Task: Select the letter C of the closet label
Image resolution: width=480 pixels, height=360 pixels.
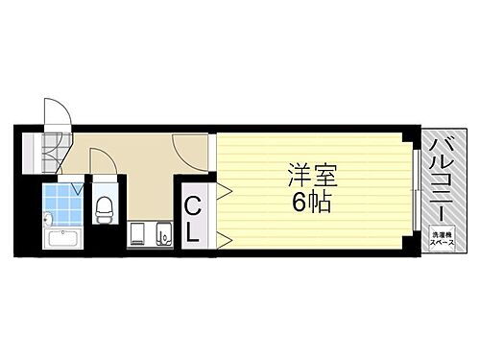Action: [193, 204]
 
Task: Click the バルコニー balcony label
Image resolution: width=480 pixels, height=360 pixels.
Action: [442, 182]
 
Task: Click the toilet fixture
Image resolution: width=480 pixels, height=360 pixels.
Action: [105, 207]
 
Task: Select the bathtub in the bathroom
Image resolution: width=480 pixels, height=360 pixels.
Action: [63, 239]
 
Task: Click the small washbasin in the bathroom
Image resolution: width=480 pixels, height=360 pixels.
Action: [46, 222]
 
